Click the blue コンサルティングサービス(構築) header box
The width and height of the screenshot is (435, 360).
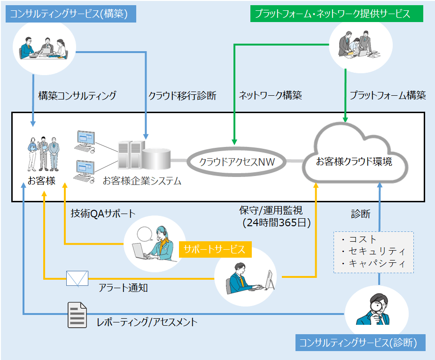[71, 14]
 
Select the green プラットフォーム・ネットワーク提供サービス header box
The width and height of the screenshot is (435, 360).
[337, 14]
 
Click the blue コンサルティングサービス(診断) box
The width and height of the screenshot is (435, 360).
[360, 343]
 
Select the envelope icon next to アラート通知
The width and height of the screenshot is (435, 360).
[77, 278]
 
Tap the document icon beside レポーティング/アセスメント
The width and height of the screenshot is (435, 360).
[78, 315]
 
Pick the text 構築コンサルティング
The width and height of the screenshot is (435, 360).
[77, 96]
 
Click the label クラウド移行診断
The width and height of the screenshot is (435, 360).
[182, 96]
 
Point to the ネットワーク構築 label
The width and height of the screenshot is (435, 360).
[270, 96]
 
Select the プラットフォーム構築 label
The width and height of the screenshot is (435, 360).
[388, 96]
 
